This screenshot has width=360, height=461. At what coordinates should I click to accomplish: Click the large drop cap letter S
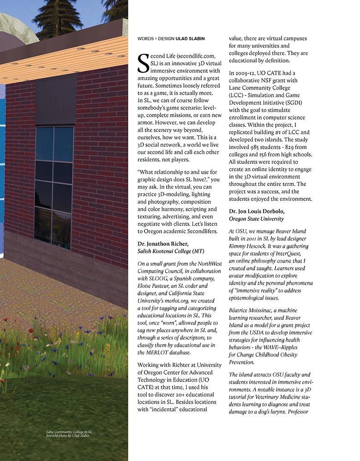144,63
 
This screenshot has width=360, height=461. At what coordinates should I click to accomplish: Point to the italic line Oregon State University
256,219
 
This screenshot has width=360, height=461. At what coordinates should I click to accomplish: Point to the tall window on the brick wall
54,185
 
